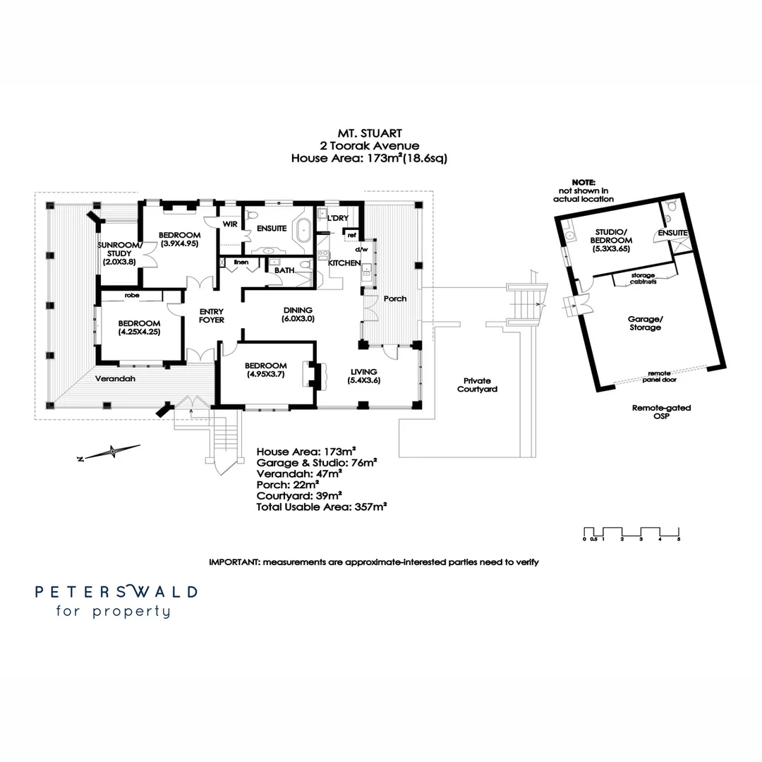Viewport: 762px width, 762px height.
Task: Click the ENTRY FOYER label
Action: [x=212, y=315]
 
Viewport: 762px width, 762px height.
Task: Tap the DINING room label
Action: [x=298, y=315]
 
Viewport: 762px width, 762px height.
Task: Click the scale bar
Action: [x=631, y=532]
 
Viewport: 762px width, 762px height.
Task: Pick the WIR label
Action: [x=229, y=224]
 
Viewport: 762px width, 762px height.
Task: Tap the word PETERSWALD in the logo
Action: [x=116, y=591]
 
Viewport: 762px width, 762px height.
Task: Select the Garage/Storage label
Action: [x=645, y=323]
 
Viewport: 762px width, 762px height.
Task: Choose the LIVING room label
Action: [x=363, y=376]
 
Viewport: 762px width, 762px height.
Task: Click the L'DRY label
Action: [x=338, y=218]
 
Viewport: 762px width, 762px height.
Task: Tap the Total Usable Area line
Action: [x=322, y=506]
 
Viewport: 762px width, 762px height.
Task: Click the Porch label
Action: [x=395, y=298]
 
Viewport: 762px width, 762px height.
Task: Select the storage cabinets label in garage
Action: [x=643, y=277]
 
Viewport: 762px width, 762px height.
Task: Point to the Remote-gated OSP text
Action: [x=660, y=412]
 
